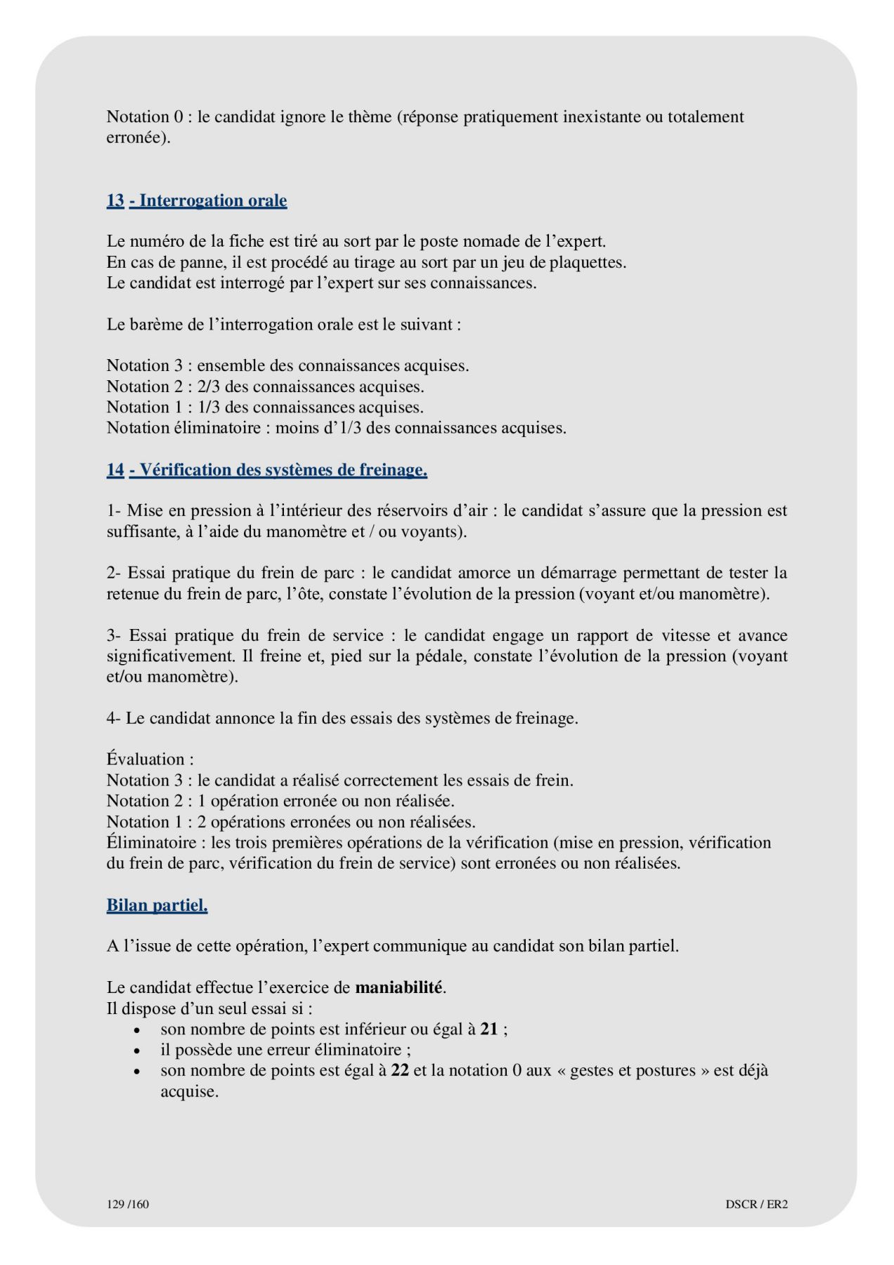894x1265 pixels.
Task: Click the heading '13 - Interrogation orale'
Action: (197, 201)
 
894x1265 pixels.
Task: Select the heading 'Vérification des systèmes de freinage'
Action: (278, 470)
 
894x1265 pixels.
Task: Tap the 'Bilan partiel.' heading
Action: (157, 905)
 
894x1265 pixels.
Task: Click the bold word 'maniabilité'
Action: (399, 987)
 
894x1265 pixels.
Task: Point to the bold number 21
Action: (489, 1030)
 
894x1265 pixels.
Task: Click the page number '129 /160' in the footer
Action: (128, 1204)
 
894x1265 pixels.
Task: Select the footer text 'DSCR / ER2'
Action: (756, 1204)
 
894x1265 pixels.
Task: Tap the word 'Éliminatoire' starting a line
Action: (150, 843)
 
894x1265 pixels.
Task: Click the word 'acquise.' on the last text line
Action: (189, 1092)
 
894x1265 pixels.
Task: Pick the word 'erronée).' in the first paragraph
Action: (138, 138)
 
